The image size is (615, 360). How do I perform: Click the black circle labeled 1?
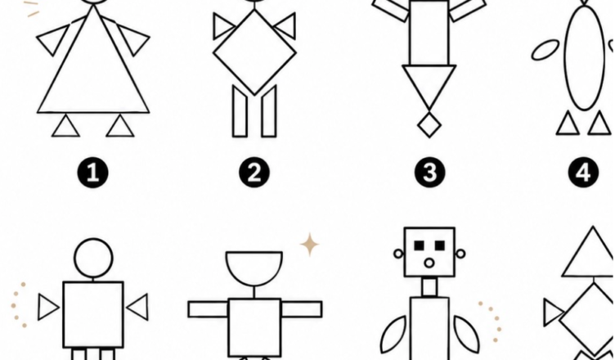[x=92, y=173]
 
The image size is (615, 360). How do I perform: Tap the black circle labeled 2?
[x=254, y=173]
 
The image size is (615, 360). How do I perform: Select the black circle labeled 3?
[x=430, y=173]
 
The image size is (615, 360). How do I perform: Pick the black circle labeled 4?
[x=584, y=173]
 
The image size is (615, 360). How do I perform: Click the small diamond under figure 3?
[x=429, y=124]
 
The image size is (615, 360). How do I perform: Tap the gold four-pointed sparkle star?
[x=310, y=244]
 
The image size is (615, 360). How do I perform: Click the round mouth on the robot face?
[x=429, y=263]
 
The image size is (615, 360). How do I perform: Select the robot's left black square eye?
[x=420, y=245]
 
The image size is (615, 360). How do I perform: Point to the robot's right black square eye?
[x=440, y=245]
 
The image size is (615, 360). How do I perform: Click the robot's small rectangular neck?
[x=430, y=287]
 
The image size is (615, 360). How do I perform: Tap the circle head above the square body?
[x=93, y=258]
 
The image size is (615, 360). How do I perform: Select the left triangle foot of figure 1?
[x=65, y=126]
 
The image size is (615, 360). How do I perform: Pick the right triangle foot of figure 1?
[x=120, y=126]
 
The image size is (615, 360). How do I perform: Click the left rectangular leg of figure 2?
[x=240, y=111]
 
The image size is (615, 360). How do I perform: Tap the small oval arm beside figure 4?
[x=545, y=50]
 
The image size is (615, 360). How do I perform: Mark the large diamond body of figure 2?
[x=254, y=52]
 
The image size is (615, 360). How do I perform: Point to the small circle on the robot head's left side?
[x=398, y=254]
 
